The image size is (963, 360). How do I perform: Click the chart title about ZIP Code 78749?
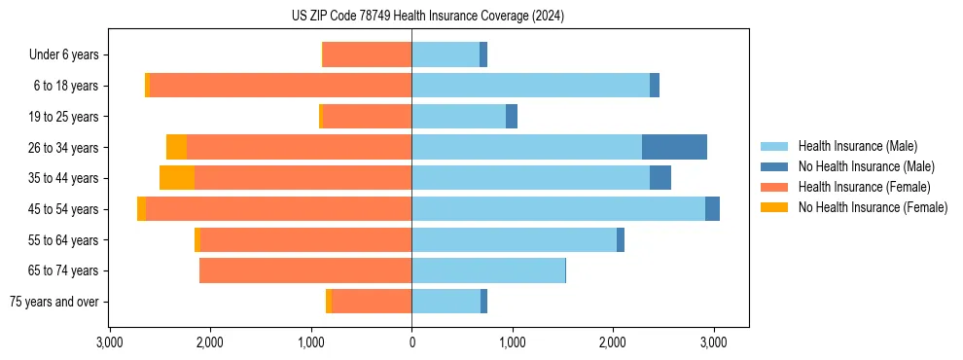428,17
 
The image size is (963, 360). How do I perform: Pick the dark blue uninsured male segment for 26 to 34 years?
674,147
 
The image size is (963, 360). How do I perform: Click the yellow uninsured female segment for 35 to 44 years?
177,178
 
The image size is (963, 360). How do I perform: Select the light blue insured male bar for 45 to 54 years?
558,208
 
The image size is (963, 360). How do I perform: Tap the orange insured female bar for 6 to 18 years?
280,86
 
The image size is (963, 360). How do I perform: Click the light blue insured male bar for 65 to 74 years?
488,270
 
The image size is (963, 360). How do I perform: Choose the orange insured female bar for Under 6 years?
367,55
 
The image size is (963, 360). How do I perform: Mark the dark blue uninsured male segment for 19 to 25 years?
512,117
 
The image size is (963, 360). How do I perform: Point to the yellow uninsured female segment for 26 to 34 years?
176,147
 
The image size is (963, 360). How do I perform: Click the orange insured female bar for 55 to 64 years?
305,239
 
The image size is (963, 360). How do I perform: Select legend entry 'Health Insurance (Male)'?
857,146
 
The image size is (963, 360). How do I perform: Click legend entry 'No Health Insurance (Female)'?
873,207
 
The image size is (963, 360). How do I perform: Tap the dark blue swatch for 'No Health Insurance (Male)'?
774,166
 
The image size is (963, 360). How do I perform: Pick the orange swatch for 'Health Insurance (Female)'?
774,187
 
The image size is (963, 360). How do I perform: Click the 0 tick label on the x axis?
411,343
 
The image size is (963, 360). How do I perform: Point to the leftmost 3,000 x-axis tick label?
110,343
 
